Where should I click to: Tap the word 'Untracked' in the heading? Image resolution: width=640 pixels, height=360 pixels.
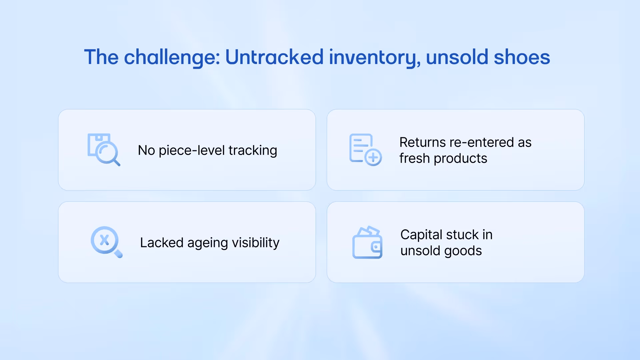pos(274,57)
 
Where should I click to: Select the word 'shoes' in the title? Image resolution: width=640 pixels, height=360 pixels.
pos(522,57)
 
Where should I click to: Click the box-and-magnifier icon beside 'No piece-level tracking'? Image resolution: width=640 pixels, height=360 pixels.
pos(103,150)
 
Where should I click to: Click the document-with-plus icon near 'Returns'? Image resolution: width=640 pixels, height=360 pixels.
pos(365,150)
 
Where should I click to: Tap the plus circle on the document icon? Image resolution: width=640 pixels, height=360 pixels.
pos(373,157)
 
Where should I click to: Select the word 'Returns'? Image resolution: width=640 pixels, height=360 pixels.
pos(422,142)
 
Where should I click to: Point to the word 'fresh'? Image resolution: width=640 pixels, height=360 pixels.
pos(414,158)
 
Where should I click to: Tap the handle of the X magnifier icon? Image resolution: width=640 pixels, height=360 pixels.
pos(118,254)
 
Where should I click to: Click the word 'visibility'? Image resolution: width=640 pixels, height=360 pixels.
pos(256,243)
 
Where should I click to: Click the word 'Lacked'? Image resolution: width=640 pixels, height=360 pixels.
pos(162,243)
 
